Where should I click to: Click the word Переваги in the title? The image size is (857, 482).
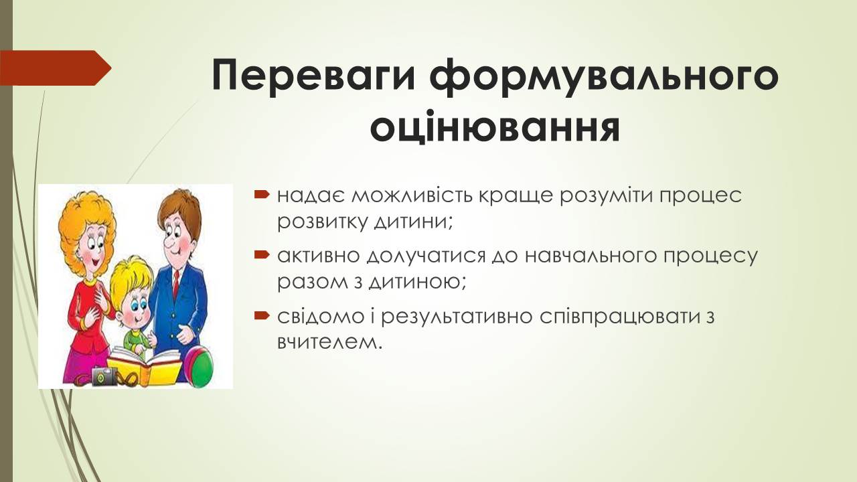(x=313, y=75)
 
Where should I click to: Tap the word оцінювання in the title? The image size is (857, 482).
(x=495, y=126)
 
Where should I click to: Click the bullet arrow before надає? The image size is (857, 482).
(x=262, y=195)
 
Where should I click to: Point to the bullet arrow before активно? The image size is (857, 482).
(x=262, y=255)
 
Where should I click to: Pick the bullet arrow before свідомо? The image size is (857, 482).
(x=262, y=315)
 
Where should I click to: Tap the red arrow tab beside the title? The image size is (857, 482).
(x=56, y=68)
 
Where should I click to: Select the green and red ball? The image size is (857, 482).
(x=199, y=365)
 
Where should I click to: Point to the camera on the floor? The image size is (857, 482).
(x=104, y=376)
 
